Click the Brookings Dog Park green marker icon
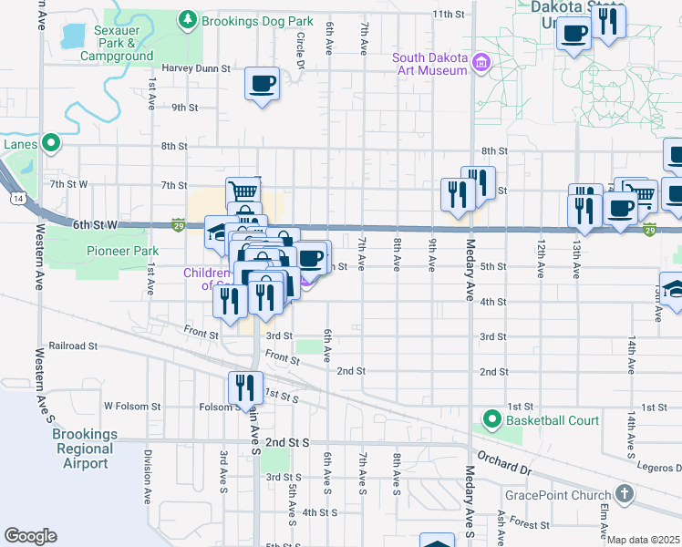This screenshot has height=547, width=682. pyautogui.click(x=188, y=19)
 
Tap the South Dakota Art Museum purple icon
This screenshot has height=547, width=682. pyautogui.click(x=481, y=65)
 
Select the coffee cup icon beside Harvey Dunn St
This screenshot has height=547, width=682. pyautogui.click(x=262, y=84)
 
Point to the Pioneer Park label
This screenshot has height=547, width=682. pyautogui.click(x=122, y=251)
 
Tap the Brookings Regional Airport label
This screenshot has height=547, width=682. pyautogui.click(x=85, y=449)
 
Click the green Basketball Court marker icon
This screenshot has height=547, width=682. pyautogui.click(x=492, y=419)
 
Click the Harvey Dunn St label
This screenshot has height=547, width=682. pyautogui.click(x=196, y=67)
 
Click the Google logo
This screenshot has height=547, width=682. pyautogui.click(x=30, y=536)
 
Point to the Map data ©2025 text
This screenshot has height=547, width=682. pyautogui.click(x=642, y=540)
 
